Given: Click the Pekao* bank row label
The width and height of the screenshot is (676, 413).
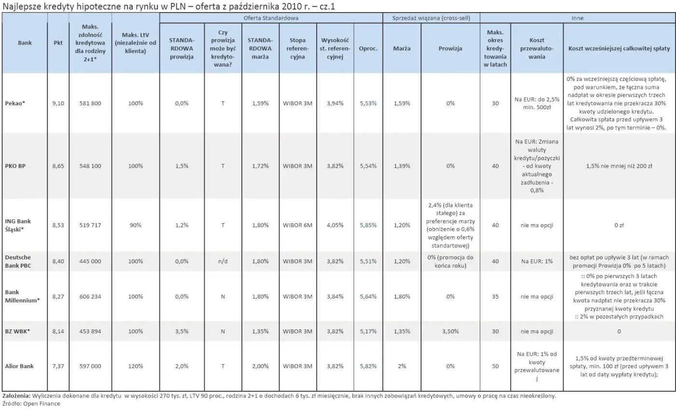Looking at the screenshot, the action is click(x=15, y=103).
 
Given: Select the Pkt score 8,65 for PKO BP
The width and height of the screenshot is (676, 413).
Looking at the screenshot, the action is click(x=58, y=166).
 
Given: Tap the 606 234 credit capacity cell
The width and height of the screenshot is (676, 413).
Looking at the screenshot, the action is click(x=90, y=297).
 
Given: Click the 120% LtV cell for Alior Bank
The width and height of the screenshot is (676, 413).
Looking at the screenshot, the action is click(x=136, y=366).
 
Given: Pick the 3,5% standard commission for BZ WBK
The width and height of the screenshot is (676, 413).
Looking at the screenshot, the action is click(x=182, y=331).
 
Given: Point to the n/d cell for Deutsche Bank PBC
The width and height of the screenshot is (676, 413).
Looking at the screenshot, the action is click(x=223, y=261).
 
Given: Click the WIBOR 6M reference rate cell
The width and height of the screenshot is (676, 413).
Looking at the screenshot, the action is click(x=297, y=225).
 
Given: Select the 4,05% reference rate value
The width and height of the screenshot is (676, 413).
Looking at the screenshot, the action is click(x=335, y=225).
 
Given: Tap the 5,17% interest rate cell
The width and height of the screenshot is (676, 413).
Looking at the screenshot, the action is click(x=368, y=331).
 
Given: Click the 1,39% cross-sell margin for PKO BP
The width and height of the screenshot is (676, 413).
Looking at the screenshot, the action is click(x=402, y=166).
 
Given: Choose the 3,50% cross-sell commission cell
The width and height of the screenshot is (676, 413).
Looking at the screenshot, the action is click(x=450, y=331).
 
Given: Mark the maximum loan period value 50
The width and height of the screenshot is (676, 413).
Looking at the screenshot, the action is click(x=495, y=366).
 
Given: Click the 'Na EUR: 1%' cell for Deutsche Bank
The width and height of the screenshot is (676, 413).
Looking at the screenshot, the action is click(x=537, y=261).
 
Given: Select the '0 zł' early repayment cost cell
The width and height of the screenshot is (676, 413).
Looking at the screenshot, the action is click(x=619, y=225).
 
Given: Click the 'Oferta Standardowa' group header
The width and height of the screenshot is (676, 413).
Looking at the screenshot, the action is click(x=271, y=18).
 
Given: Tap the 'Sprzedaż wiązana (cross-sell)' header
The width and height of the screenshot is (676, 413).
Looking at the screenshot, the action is click(x=431, y=18).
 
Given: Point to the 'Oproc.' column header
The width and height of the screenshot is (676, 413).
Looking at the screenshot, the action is click(x=368, y=48).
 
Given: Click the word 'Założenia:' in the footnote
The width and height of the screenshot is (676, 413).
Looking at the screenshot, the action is click(x=16, y=396).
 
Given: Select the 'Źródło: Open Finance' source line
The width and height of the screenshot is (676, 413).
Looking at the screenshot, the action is click(x=31, y=403).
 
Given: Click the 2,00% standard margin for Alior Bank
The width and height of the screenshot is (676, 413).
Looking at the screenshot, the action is click(x=260, y=366).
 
